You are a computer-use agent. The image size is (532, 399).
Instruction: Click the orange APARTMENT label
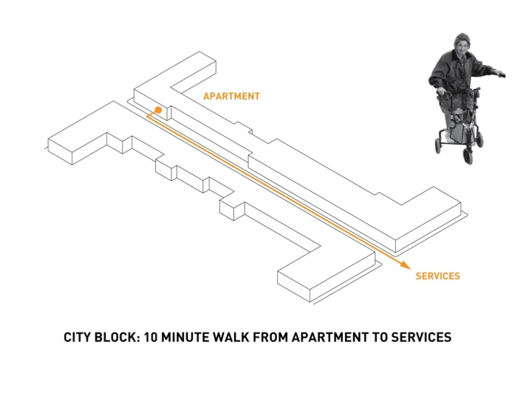(x=232, y=96)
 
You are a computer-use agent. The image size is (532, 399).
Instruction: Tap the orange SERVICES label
(x=437, y=276)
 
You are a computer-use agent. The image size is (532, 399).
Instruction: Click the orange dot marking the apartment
(x=158, y=110)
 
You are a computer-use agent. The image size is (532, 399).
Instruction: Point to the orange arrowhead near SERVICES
(x=406, y=265)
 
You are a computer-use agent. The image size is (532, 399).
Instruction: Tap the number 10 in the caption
(x=151, y=337)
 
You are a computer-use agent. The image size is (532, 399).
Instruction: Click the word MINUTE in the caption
(x=185, y=337)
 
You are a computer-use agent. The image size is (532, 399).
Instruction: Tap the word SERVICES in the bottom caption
(x=421, y=337)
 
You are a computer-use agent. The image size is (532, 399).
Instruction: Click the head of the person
(x=462, y=44)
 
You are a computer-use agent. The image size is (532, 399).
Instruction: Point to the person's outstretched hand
(x=500, y=73)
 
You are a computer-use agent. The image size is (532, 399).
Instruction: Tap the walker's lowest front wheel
(x=468, y=156)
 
